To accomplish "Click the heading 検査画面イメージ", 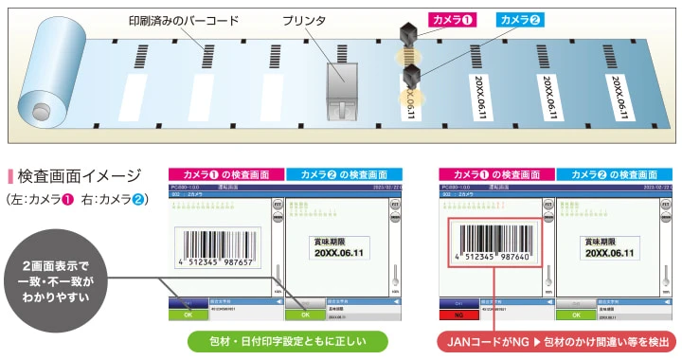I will pos(80,177).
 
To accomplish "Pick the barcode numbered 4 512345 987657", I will pos(221,246).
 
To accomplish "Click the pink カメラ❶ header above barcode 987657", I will pos(225,174).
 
